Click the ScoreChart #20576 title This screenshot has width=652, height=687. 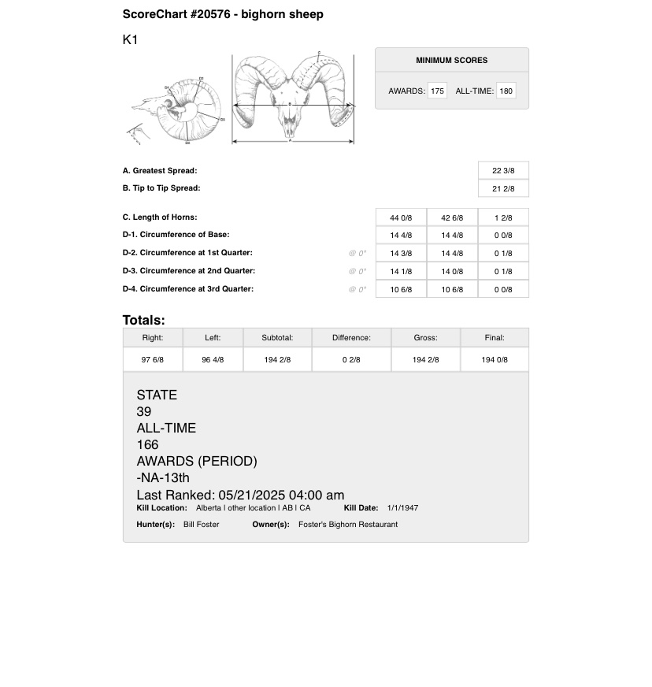[x=223, y=14]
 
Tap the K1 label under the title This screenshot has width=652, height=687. [x=130, y=39]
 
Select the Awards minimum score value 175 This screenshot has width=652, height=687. [x=437, y=91]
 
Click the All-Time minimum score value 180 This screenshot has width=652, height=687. [x=506, y=91]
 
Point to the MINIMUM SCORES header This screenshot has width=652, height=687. [x=451, y=61]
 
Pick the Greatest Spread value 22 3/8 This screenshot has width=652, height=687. [x=503, y=171]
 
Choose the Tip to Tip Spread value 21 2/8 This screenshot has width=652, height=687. [x=503, y=189]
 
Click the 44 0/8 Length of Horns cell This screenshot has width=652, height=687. [x=401, y=218]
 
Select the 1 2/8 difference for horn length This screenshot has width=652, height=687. [x=503, y=218]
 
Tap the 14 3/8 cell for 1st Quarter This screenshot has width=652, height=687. [x=401, y=254]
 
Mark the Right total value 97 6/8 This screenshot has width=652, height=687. [x=152, y=360]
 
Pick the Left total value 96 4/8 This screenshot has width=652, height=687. [x=213, y=360]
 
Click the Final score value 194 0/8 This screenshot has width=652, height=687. [x=495, y=360]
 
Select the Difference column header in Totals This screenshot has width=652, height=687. [x=351, y=338]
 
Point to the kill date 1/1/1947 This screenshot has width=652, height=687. [x=402, y=508]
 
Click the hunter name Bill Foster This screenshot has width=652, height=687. [x=201, y=525]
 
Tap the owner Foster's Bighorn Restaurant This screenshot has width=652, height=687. [x=348, y=525]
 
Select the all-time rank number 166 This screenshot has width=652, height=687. [x=147, y=445]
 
